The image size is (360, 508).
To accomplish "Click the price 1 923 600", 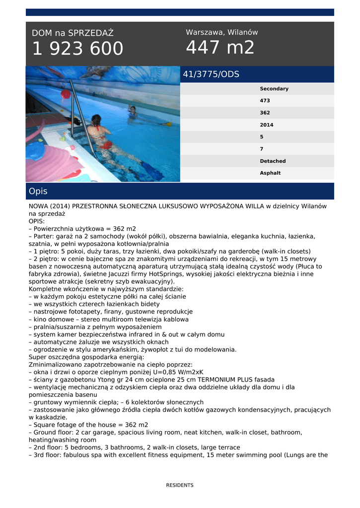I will tap(77, 49).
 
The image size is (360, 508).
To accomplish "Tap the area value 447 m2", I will tap(220, 48).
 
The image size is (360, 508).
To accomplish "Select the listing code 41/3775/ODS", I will tap(211, 74).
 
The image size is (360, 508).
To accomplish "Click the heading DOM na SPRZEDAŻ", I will tap(72, 33).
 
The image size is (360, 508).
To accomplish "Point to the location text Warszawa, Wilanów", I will tap(222, 32).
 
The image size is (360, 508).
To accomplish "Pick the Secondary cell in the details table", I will tap(274, 89).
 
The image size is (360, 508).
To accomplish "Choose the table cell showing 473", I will tap(265, 101).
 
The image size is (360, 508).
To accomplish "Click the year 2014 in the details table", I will tap(267, 125).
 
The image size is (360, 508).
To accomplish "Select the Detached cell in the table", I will tap(273, 161).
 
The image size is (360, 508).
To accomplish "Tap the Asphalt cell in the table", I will tap(270, 173).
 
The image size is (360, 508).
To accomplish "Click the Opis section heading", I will tap(38, 191).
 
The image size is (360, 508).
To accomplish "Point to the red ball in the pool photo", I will tap(66, 94).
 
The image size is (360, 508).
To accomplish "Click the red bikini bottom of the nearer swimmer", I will tap(105, 145).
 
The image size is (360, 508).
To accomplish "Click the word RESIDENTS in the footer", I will tap(180, 485).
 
